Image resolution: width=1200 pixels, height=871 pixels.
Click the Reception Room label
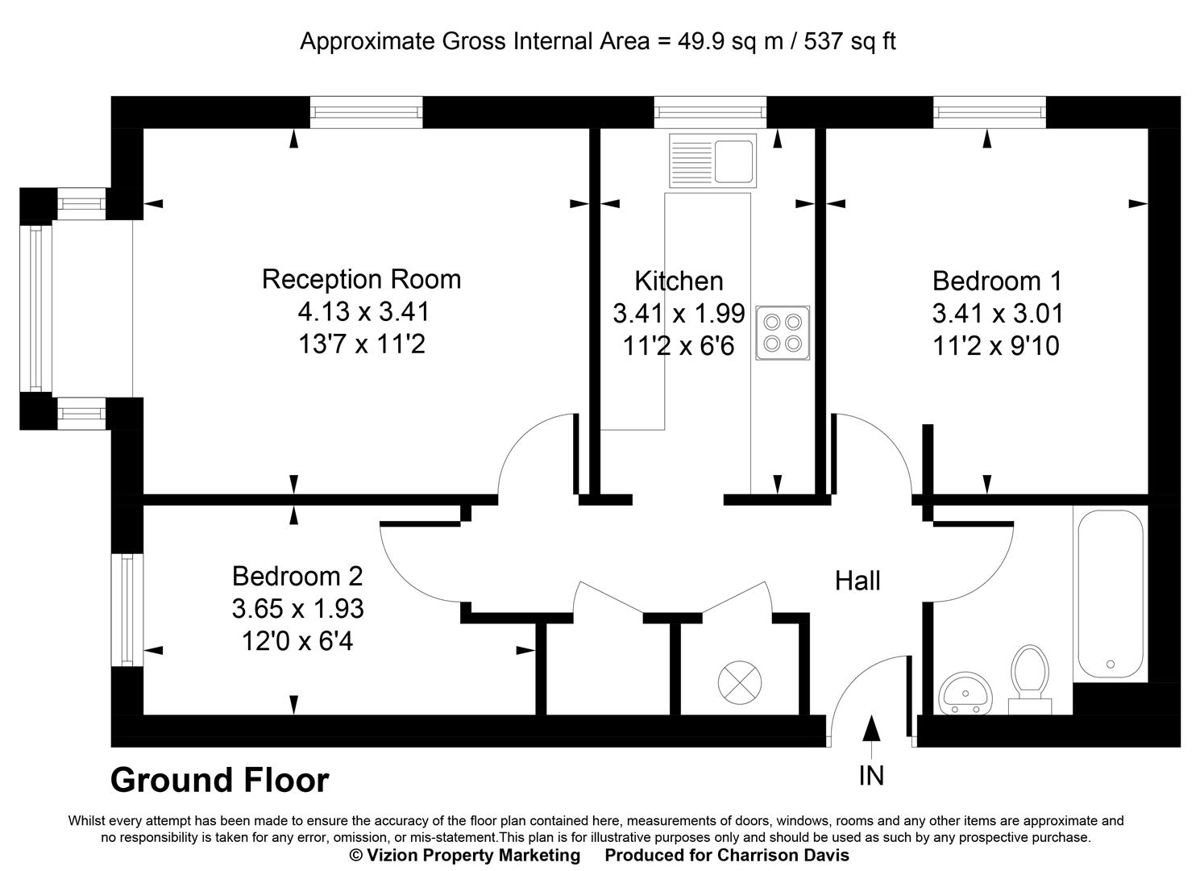point(361,279)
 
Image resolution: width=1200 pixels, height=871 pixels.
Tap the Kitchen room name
point(679,281)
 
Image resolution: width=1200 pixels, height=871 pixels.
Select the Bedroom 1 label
point(997,281)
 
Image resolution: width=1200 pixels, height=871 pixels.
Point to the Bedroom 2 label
point(297,576)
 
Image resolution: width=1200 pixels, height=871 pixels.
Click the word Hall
point(857,581)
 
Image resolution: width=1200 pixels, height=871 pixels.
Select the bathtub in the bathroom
point(1110,594)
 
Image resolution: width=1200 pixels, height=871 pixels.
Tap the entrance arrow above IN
point(870,727)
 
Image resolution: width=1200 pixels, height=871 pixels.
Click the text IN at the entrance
point(871,776)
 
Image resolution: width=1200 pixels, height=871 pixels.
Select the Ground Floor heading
point(219,781)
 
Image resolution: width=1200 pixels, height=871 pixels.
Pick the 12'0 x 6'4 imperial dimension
point(297,642)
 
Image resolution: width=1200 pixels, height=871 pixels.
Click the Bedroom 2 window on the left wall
point(127,610)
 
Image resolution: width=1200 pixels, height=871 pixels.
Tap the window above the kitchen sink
point(709,112)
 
